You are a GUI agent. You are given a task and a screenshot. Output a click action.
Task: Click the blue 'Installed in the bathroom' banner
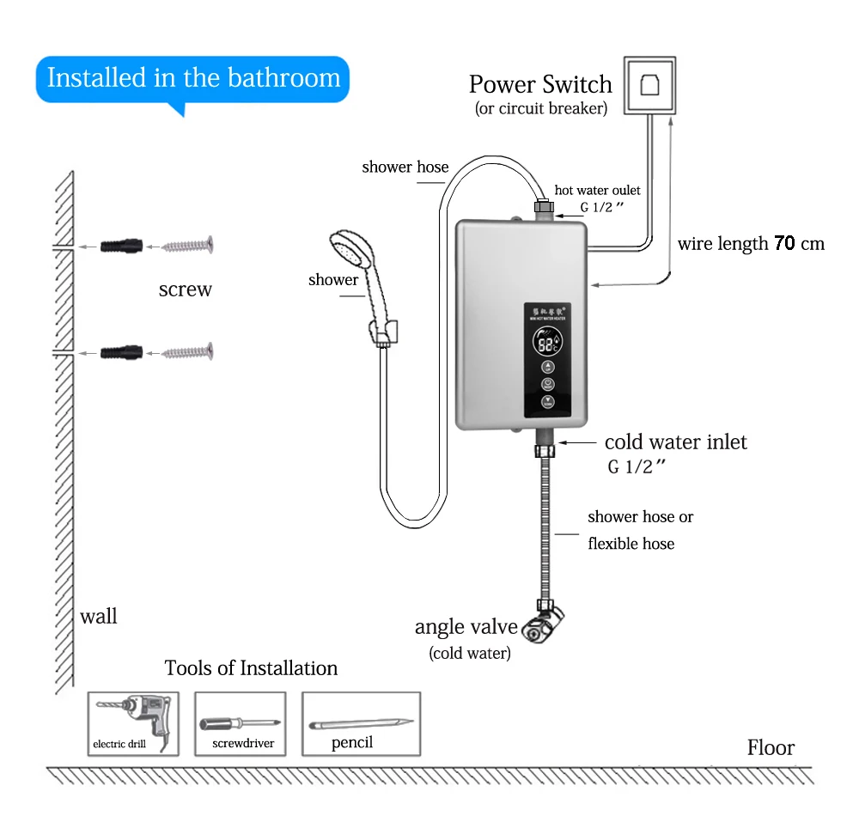point(193,78)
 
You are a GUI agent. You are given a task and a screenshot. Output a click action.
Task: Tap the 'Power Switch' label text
point(540,84)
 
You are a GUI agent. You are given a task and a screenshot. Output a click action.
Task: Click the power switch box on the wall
point(649,85)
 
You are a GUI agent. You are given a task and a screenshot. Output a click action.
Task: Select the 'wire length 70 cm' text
point(750,243)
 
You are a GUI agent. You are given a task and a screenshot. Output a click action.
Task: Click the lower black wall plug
point(119,351)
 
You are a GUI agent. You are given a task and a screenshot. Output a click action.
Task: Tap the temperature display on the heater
point(547,344)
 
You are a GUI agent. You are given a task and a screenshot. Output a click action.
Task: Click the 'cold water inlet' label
point(675,442)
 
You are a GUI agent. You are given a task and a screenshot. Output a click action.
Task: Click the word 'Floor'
point(771,747)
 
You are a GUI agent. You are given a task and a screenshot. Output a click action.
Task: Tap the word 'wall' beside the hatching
point(98,616)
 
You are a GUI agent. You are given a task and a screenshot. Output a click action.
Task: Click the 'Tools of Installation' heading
point(251,667)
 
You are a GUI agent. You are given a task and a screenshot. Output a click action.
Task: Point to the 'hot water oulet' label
point(597,190)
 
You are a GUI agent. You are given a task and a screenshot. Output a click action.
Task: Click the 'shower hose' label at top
point(405,167)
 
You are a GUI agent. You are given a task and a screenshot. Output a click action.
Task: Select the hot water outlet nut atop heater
point(542,206)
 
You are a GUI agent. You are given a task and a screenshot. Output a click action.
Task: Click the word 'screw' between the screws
point(185,289)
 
